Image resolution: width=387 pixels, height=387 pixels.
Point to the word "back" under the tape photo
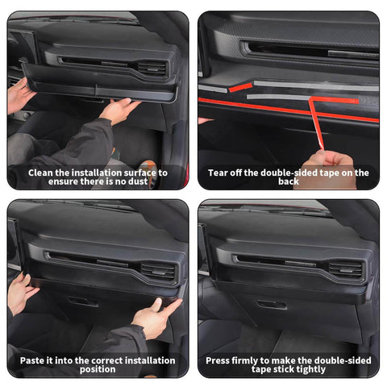pos(289,182)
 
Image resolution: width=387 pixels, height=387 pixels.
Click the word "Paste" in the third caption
pos(34,360)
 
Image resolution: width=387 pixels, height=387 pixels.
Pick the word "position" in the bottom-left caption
pos(98,369)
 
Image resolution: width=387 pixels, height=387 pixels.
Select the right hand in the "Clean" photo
pos(121,109)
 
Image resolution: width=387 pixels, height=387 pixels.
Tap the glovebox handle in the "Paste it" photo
pos(81,302)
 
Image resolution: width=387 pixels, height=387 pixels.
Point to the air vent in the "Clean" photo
pos(150,68)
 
